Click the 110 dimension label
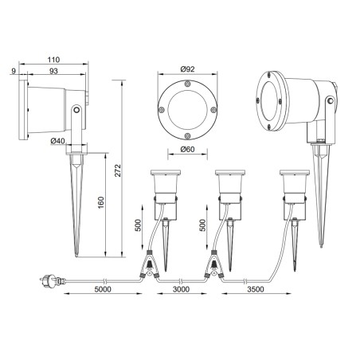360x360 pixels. point(53,60)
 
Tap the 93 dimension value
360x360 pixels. point(53,71)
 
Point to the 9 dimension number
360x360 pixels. point(14,71)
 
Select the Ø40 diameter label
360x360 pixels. point(57,141)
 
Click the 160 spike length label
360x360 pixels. point(101,202)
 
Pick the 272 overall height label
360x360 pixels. point(118,170)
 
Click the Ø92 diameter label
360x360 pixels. point(187,69)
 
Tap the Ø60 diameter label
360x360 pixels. point(187,149)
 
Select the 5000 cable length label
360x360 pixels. point(103,289)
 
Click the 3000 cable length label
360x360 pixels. point(181,289)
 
